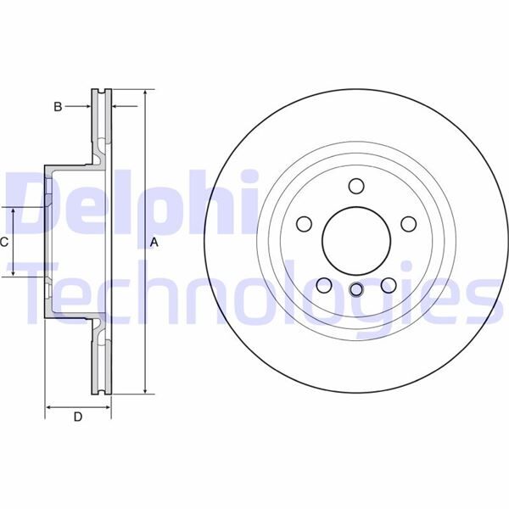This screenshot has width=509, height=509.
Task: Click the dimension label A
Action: tap(154, 243)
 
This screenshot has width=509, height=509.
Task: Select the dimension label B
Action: tap(58, 106)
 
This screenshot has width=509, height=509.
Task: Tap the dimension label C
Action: tap(4, 242)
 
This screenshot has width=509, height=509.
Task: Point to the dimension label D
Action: tap(77, 417)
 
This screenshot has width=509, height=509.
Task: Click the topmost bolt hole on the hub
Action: tap(356, 186)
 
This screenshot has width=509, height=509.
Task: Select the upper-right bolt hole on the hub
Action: tap(408, 224)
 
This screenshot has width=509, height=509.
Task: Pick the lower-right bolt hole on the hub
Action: tap(389, 285)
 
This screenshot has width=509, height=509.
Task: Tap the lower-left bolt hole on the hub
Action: tap(324, 285)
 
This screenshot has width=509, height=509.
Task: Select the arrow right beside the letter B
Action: tap(85, 106)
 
